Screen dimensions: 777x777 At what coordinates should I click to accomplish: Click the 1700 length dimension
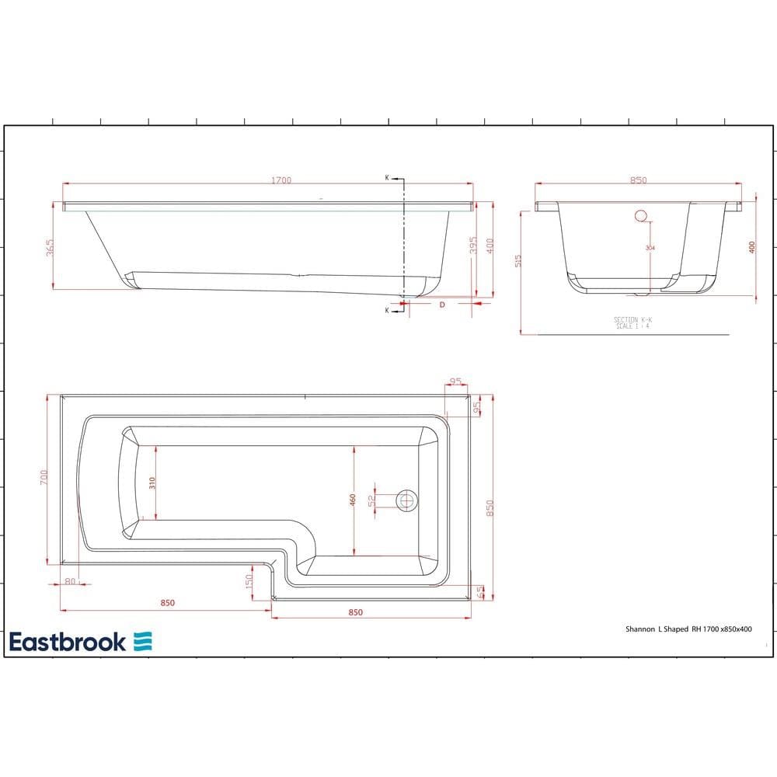(281, 180)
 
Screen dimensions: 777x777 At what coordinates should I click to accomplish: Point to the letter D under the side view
(442, 305)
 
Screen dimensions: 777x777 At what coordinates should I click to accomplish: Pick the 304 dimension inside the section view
(650, 248)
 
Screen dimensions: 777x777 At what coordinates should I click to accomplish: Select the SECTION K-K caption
(631, 319)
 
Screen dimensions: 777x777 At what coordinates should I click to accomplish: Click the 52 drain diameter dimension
(372, 500)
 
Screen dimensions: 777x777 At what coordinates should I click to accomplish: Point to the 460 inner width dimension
(353, 500)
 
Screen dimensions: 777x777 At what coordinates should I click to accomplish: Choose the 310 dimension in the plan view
(153, 483)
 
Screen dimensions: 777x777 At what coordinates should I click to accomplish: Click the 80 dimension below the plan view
(71, 581)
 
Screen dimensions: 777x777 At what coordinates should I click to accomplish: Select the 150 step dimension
(250, 581)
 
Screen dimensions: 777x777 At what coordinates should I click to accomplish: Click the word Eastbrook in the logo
(68, 642)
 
